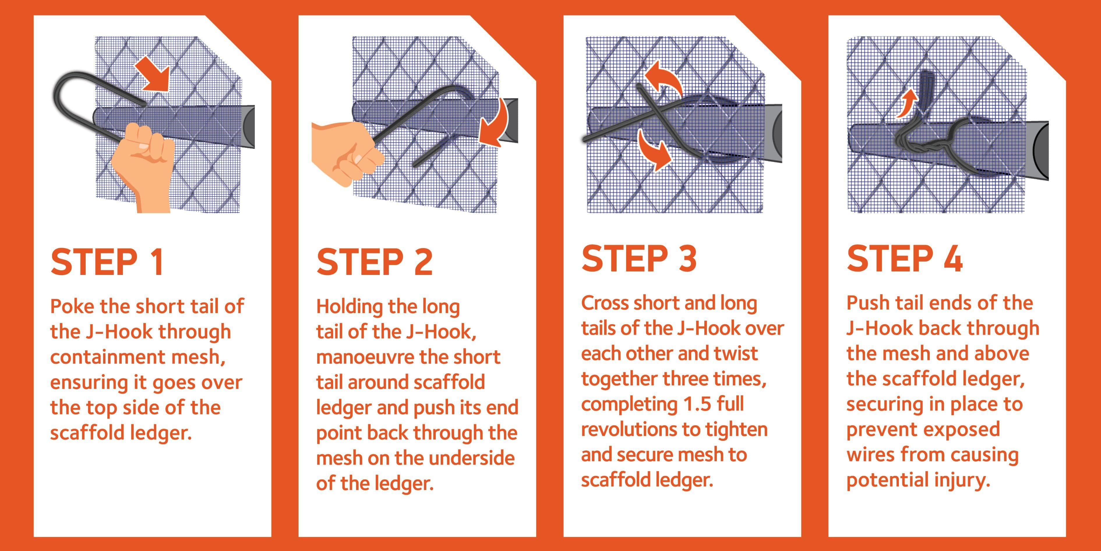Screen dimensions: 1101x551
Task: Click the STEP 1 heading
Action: coord(107,262)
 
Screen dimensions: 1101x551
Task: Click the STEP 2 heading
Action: coord(374,262)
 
